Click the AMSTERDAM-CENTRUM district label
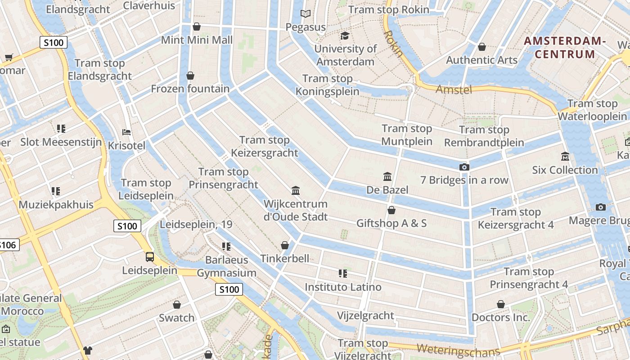tap(565, 48)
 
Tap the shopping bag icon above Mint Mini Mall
tap(197, 27)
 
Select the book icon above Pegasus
tap(306, 14)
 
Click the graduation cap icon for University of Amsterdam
tap(345, 36)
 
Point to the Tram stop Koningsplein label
tap(327, 85)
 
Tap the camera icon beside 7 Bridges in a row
tap(464, 167)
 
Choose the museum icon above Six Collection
tap(565, 157)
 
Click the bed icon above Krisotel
tap(127, 132)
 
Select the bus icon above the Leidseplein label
tap(150, 257)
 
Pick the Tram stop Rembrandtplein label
tap(484, 136)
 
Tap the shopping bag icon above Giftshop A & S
tap(391, 210)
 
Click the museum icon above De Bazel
tap(387, 176)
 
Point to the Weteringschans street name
tap(458, 350)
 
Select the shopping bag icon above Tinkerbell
tap(285, 245)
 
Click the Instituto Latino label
tap(343, 287)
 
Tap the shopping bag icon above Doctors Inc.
tap(501, 305)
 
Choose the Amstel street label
tap(454, 90)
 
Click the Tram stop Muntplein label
tap(407, 135)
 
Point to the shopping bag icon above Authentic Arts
tap(482, 47)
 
